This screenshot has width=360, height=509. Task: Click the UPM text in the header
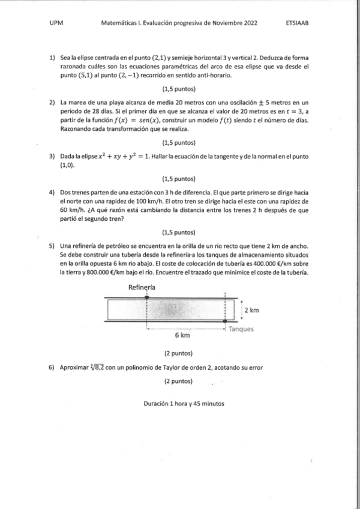[56, 23]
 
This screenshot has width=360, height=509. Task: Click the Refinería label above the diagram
[142, 288]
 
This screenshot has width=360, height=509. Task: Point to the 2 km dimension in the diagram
[251, 310]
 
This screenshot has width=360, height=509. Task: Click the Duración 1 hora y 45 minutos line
[184, 403]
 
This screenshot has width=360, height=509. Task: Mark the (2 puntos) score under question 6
[178, 381]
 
